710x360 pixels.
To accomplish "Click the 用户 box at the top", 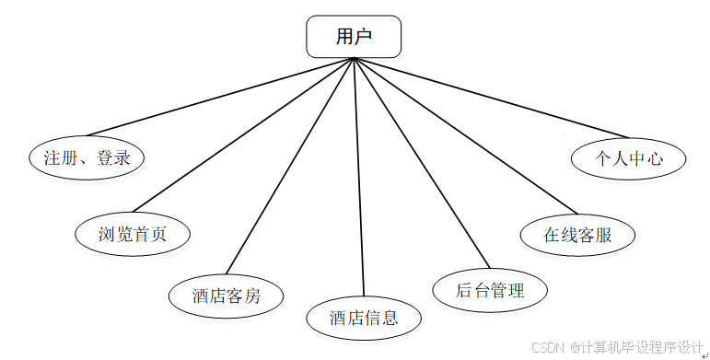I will pos(354,37).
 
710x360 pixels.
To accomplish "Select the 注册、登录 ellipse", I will pos(87,157).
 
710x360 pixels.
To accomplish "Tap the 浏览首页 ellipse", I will pos(133,233).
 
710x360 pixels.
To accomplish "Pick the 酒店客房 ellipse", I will pos(227,296).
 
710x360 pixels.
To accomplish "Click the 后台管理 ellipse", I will pos(490,291).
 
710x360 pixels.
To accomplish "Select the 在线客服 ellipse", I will pos(577,234).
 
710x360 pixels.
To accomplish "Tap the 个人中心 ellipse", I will pos(629,157).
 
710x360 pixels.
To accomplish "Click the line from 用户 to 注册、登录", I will pos(221,97).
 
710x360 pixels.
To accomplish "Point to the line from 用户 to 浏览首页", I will pos(244,134).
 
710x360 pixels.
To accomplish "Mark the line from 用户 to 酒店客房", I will pos(289,168).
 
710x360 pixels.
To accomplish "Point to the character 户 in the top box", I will pos(365,37).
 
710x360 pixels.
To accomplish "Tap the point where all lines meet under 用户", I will pos(354,58).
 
